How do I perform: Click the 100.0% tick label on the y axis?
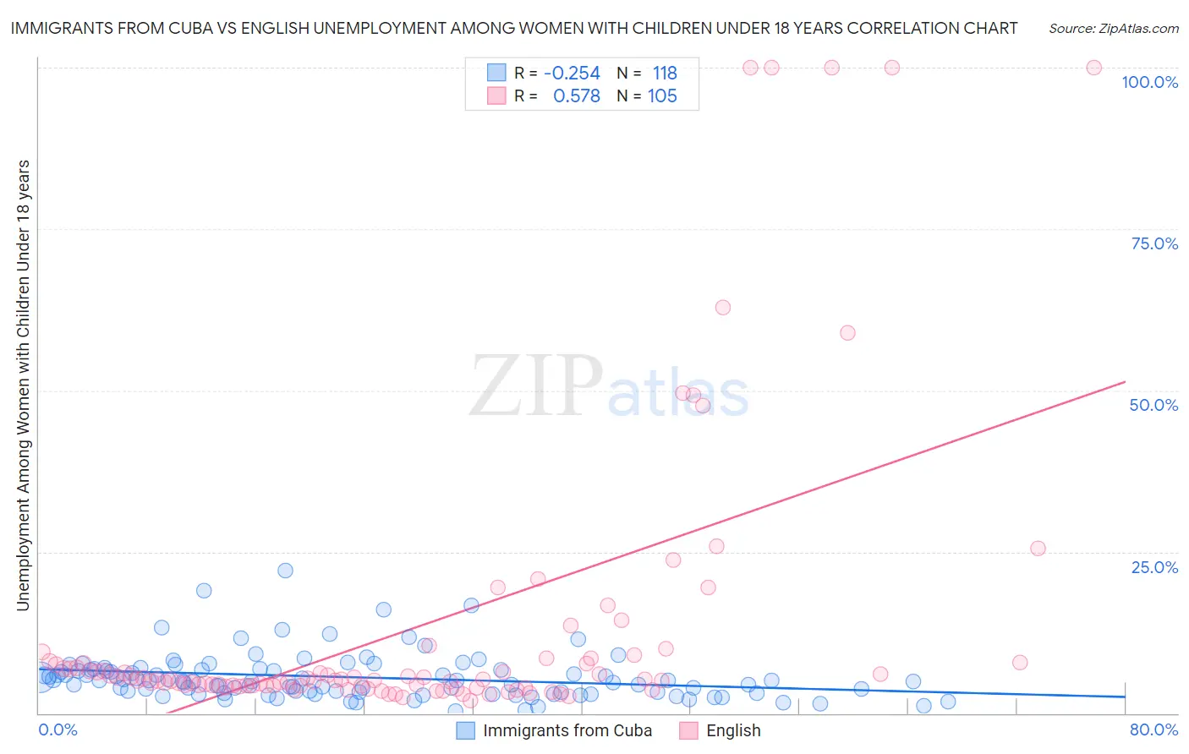tap(1149, 82)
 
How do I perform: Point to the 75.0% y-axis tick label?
tap(1154, 243)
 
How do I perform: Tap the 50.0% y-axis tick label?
tap(1153, 405)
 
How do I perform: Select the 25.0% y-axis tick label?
tap(1154, 567)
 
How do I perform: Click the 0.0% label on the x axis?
tap(58, 730)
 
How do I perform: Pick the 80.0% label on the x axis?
tap(1153, 730)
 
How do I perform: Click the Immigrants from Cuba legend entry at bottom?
tap(567, 731)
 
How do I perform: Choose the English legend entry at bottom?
tap(732, 731)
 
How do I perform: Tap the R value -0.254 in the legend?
tap(572, 74)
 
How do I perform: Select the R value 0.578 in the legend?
tap(576, 96)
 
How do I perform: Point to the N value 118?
tap(665, 74)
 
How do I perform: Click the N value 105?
tap(662, 96)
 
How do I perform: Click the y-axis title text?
tap(23, 385)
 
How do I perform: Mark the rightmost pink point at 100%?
tap(1093, 68)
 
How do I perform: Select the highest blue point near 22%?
tap(285, 571)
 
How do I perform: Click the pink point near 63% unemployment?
tap(722, 308)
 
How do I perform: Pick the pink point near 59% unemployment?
tap(847, 333)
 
